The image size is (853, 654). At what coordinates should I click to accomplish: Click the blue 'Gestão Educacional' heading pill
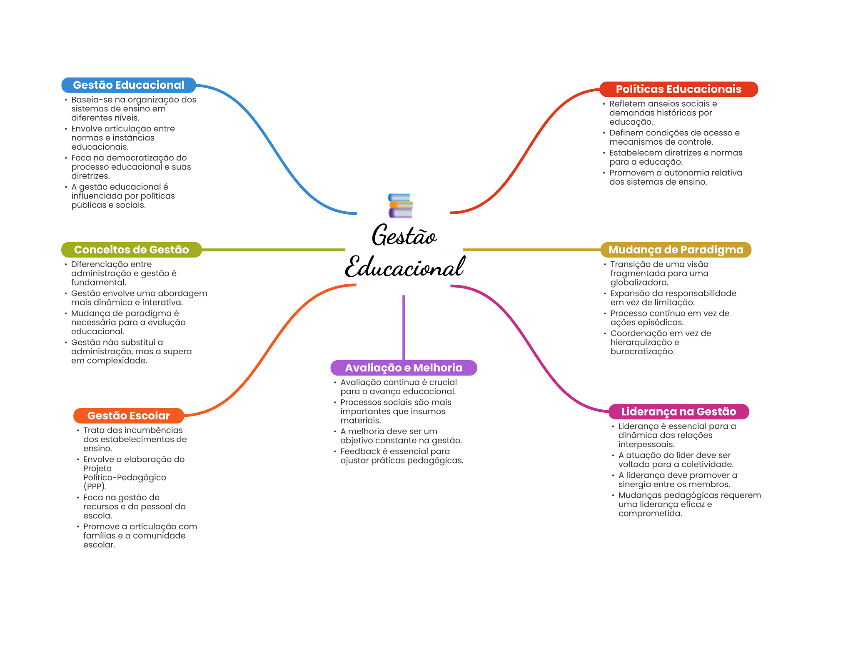(128, 85)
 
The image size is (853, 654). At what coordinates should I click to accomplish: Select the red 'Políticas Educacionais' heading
(678, 89)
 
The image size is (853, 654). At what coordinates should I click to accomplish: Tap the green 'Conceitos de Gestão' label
(131, 250)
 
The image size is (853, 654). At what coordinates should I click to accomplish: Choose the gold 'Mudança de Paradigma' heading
(676, 250)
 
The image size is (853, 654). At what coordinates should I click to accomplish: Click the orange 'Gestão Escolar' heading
(128, 416)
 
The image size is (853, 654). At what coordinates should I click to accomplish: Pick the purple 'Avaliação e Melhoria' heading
(403, 368)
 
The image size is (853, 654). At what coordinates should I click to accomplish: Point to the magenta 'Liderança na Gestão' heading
(678, 411)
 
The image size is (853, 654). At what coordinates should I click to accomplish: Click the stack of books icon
(400, 205)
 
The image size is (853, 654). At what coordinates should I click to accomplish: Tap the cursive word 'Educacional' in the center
(404, 267)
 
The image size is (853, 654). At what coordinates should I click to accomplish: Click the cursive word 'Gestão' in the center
(404, 236)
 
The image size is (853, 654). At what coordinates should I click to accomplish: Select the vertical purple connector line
(404, 327)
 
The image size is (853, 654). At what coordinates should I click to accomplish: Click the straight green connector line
(273, 250)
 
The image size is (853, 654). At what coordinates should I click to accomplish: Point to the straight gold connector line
(531, 250)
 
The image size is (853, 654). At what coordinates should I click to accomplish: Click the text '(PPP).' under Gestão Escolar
(95, 486)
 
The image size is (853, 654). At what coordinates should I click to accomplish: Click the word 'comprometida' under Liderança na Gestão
(649, 514)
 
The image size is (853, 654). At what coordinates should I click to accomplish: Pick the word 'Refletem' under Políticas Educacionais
(626, 104)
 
